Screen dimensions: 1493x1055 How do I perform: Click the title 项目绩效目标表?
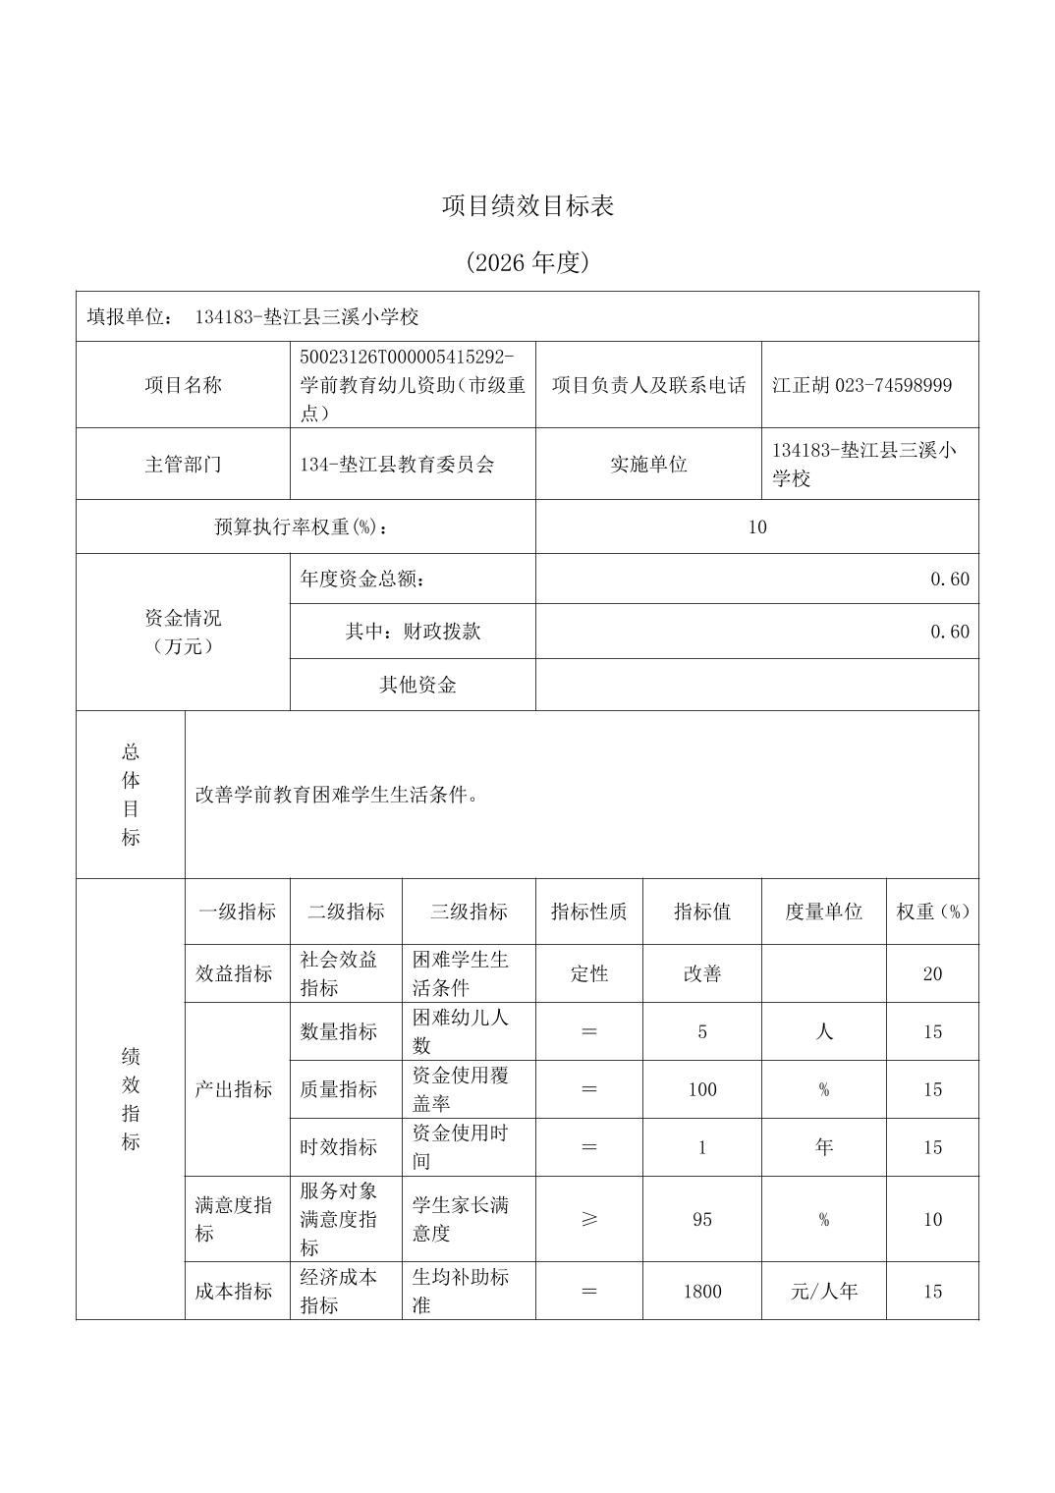click(x=527, y=206)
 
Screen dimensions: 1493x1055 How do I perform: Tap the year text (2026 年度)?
click(x=527, y=263)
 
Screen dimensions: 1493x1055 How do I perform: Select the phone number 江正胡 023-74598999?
click(x=861, y=385)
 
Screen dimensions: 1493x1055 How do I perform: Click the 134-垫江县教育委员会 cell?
click(x=397, y=465)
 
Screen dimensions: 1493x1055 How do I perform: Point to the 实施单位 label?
click(x=648, y=465)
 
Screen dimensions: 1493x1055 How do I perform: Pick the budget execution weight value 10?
click(x=756, y=527)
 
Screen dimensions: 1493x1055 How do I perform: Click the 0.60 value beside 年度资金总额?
click(x=949, y=580)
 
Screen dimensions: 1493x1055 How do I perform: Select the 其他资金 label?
click(x=417, y=685)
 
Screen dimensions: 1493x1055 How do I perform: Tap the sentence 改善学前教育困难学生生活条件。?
click(x=337, y=795)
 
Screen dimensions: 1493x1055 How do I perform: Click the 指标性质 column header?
click(x=588, y=912)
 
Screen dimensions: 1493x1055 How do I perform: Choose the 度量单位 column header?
click(x=823, y=912)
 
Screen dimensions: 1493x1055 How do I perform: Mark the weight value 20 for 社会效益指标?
click(x=932, y=974)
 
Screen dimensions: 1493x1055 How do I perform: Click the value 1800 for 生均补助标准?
click(x=702, y=1292)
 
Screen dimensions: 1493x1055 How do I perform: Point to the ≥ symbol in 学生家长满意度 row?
click(x=589, y=1219)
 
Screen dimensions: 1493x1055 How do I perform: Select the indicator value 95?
click(x=702, y=1219)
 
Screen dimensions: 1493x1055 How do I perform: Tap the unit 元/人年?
click(x=823, y=1292)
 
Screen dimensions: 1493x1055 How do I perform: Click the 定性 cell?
click(x=589, y=974)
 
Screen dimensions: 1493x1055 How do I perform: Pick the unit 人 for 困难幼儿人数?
click(x=823, y=1031)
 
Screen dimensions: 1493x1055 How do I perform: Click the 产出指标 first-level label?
click(x=234, y=1089)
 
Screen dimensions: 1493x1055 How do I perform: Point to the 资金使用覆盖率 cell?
click(x=460, y=1089)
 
